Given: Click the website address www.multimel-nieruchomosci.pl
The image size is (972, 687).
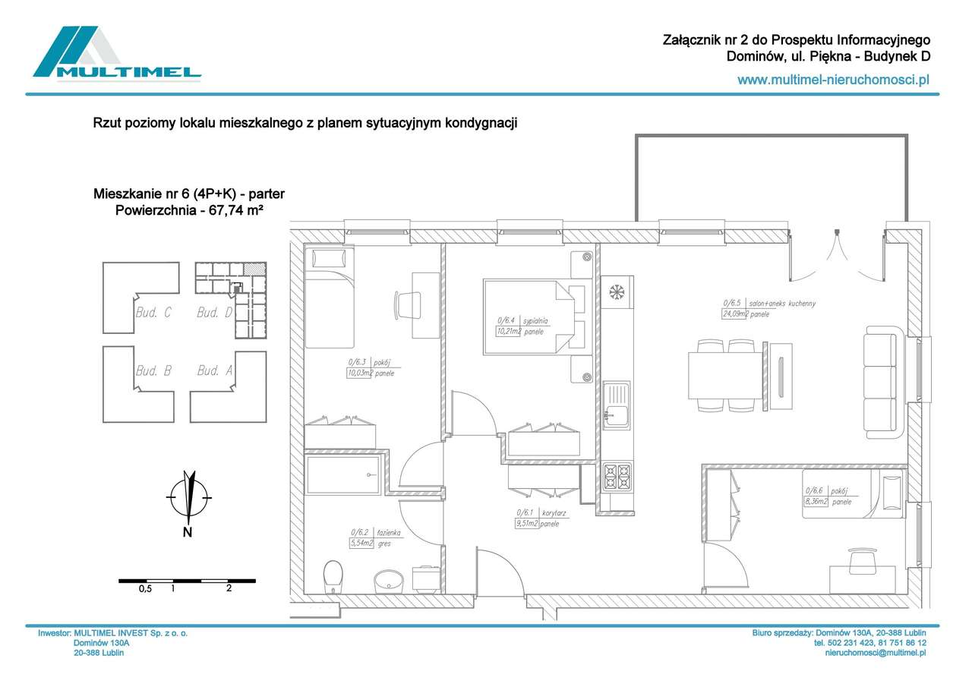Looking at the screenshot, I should pos(834,79).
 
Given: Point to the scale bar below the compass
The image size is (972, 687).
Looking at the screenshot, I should pos(187,581).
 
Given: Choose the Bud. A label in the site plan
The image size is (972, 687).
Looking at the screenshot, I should pos(214,370).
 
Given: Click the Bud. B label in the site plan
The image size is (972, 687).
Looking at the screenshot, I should pos(153,370).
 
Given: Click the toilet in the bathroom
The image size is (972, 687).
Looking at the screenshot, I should pos(333,578).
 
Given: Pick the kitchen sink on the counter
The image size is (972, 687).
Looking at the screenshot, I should pos(617,406).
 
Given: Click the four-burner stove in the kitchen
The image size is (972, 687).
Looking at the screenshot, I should pos(617,477).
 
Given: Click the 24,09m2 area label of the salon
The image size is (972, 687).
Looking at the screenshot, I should pos(735,314).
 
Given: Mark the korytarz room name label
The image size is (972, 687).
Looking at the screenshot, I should pos(554,513).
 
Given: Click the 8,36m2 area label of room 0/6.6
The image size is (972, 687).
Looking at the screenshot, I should pos(816,502).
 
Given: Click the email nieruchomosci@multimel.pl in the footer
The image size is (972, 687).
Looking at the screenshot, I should pos(875,653).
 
